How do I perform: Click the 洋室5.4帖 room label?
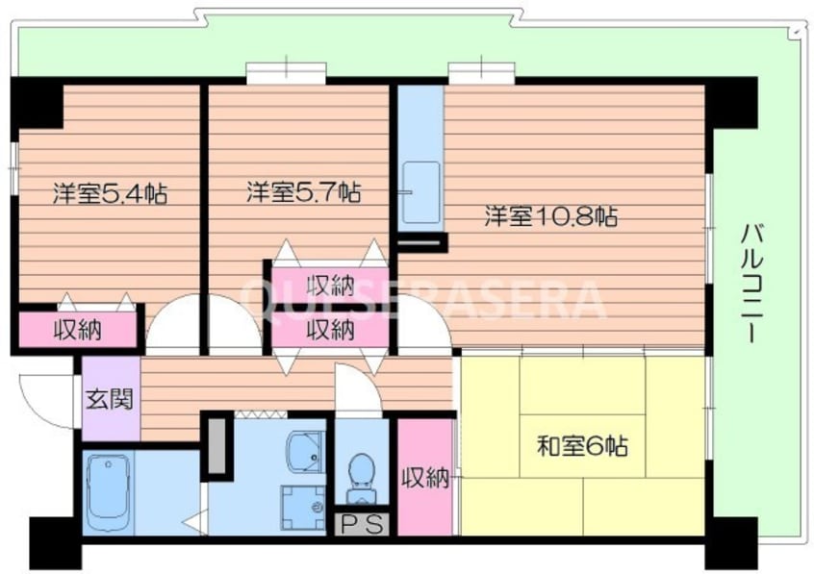coord(110,193)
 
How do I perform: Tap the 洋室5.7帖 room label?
coord(303,192)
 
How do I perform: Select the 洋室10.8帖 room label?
coord(549,216)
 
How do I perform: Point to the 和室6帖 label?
coord(582,446)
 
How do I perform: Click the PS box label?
coord(362,525)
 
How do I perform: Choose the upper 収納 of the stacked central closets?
coord(330,285)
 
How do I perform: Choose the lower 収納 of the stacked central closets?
coord(330,330)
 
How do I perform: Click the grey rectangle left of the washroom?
coord(216,444)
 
